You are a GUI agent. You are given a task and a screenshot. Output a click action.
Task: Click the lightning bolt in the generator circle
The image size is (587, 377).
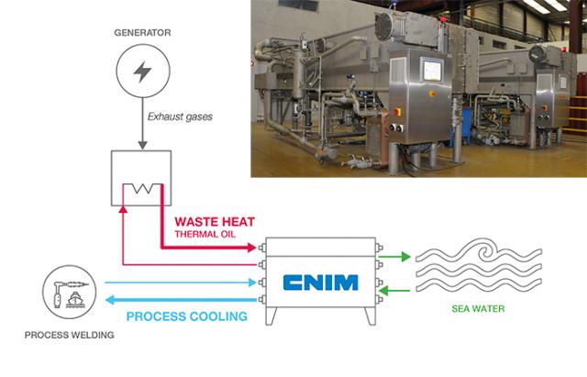click(143, 71)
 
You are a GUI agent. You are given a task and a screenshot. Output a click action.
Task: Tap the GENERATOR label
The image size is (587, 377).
click(142, 33)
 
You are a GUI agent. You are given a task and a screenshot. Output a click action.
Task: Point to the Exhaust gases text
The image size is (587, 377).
click(180, 116)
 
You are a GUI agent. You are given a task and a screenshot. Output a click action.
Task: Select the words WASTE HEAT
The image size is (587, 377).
click(215, 222)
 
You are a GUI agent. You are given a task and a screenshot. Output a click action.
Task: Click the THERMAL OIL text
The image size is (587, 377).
click(205, 234)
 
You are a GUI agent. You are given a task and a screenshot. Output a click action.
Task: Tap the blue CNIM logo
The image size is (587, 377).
click(320, 283)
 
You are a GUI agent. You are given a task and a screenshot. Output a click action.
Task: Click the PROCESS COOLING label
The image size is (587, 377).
click(187, 316)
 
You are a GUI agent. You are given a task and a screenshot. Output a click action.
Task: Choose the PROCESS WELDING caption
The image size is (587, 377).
click(70, 335)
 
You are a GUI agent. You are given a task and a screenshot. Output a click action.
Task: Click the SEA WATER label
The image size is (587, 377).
click(478, 308)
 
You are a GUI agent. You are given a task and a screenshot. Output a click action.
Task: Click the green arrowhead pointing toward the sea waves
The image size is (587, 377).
click(405, 257)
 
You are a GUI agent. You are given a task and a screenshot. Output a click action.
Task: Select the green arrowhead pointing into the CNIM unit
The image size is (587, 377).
click(384, 290)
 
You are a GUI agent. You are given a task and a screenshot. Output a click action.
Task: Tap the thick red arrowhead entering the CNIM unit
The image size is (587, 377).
click(251, 247)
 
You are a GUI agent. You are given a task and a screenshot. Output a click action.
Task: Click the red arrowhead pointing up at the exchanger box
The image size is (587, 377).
click(123, 209)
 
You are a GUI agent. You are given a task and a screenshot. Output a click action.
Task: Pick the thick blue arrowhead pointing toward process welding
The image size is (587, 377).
click(110, 300)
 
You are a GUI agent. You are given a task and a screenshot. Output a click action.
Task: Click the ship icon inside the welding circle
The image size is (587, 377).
click(75, 300)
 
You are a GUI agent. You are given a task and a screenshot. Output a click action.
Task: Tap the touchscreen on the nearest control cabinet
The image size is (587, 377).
click(432, 70)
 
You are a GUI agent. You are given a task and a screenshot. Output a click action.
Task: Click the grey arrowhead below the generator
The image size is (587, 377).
click(142, 146)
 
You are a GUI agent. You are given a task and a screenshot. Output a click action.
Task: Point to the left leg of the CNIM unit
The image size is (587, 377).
click(271, 316)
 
